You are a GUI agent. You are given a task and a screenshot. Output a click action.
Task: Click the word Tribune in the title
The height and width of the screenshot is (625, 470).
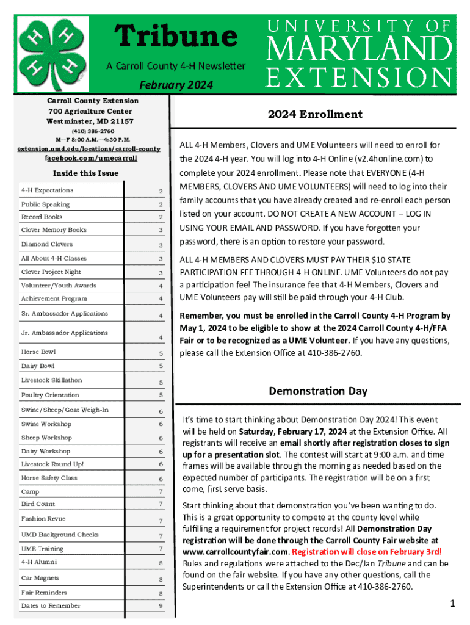coord(176,36)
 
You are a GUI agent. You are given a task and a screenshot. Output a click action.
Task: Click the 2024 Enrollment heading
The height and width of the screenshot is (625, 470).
coord(315,114)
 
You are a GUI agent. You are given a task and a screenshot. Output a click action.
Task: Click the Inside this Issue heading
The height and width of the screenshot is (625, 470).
coord(85,173)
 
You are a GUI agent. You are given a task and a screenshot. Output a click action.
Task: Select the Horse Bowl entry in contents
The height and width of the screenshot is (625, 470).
coord(38,352)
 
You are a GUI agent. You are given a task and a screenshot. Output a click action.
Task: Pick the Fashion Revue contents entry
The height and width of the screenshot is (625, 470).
coord(43,519)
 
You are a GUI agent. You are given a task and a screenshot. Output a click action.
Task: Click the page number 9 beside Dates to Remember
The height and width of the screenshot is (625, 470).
coord(161,607)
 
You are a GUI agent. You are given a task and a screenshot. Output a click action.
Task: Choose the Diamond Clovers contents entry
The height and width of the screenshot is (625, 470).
coord(47,244)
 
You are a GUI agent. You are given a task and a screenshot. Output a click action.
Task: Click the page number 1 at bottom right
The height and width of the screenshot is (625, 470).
coord(452,604)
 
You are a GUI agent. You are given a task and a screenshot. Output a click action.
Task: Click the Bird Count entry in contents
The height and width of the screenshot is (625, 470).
coord(38,504)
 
